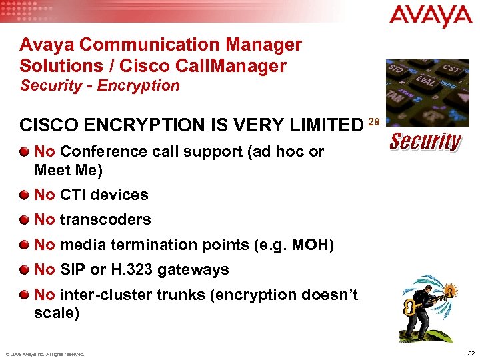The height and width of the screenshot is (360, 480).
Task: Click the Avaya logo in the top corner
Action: pos(431,16)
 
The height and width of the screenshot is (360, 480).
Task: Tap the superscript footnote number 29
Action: pos(374,121)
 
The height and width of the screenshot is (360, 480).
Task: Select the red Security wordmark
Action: pos(425,141)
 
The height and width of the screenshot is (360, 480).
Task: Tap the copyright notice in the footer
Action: pos(45,354)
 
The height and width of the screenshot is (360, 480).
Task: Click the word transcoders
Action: pos(105,219)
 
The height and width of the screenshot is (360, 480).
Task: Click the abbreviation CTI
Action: pos(74,195)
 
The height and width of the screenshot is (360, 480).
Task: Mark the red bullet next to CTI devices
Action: pos(25,195)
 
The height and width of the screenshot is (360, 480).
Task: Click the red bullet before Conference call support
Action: pos(25,151)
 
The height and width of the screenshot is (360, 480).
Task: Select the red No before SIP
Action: pos(44,270)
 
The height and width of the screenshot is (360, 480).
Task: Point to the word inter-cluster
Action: pos(99,295)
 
